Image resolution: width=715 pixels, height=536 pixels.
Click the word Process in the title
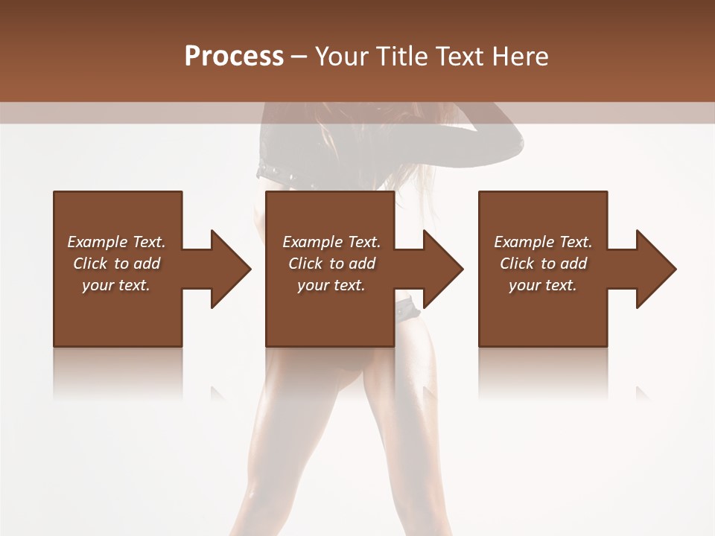[234, 57]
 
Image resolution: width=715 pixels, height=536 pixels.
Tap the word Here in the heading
[521, 57]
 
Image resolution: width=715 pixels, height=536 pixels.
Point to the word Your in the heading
[341, 57]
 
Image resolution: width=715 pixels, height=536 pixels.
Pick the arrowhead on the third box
[656, 269]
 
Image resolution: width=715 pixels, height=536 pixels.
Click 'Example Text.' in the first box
[116, 242]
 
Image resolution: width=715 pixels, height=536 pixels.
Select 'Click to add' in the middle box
[331, 264]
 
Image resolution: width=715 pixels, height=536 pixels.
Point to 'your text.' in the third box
[542, 285]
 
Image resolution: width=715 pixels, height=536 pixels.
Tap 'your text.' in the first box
[115, 285]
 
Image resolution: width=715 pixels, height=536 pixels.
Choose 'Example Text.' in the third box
[543, 242]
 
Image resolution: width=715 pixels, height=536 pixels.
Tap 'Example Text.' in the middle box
[331, 242]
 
